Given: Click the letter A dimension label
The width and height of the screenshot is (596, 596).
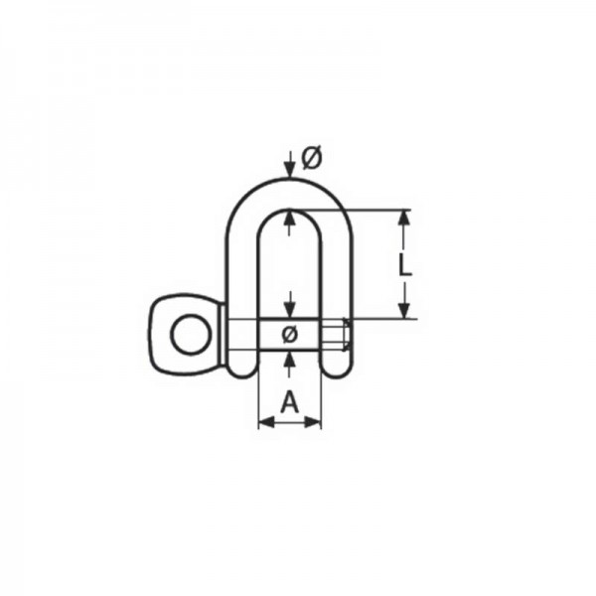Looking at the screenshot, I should coord(289,401).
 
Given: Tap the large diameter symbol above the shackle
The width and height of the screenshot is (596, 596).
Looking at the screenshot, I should coord(310,157).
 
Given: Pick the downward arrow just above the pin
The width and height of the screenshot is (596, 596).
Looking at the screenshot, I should coord(288,307).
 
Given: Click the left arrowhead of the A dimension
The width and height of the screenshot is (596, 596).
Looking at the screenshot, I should coord(264,422).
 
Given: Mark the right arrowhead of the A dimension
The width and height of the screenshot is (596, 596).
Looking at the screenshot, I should coord(315,422).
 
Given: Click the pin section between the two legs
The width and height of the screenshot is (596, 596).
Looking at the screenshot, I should coord(289,333).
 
